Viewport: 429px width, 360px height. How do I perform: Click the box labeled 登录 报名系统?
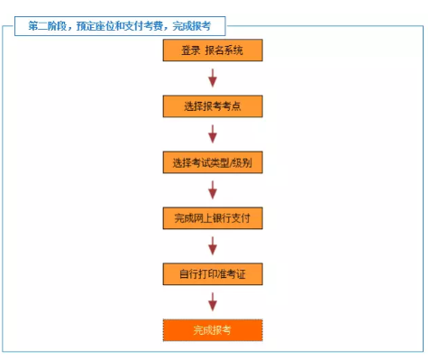(x=213, y=50)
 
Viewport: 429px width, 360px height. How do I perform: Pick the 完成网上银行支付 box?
(x=213, y=218)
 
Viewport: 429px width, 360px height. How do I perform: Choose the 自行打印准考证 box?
(x=213, y=273)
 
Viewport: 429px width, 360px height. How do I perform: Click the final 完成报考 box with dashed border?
(x=213, y=330)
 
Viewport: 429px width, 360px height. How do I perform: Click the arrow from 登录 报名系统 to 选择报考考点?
(x=213, y=78)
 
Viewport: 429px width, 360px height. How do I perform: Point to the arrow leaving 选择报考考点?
(x=213, y=134)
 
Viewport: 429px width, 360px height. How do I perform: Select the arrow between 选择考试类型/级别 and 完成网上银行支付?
(x=213, y=190)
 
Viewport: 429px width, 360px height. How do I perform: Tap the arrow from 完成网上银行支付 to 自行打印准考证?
(x=213, y=245)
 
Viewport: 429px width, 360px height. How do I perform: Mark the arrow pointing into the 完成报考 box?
(x=213, y=301)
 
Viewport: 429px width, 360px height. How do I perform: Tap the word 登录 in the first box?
(x=190, y=51)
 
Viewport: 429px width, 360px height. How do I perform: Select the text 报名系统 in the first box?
(x=224, y=51)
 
